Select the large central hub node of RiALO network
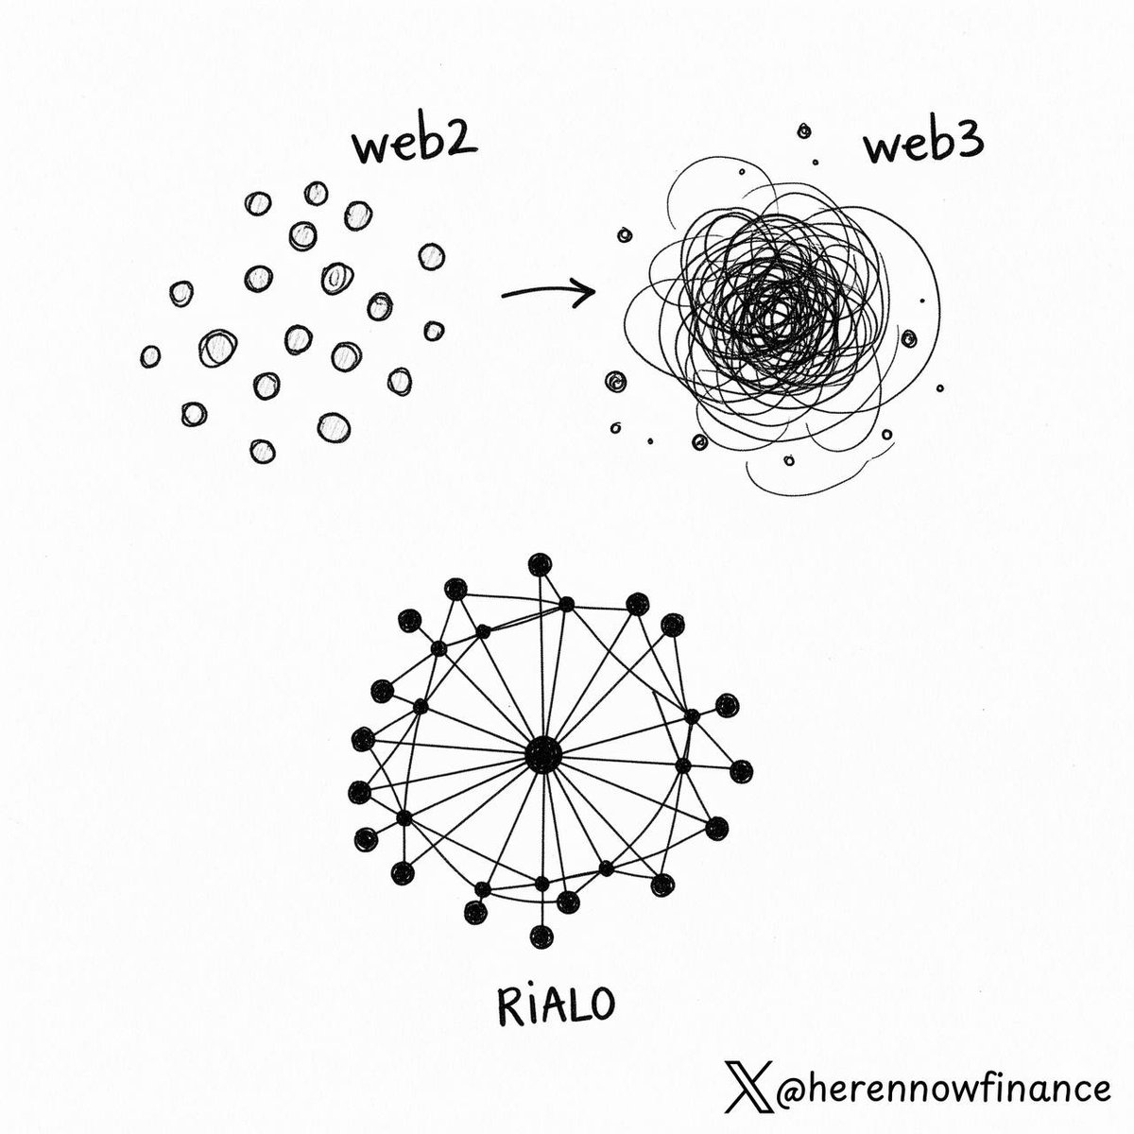coord(543,755)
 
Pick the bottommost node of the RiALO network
coord(541,936)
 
